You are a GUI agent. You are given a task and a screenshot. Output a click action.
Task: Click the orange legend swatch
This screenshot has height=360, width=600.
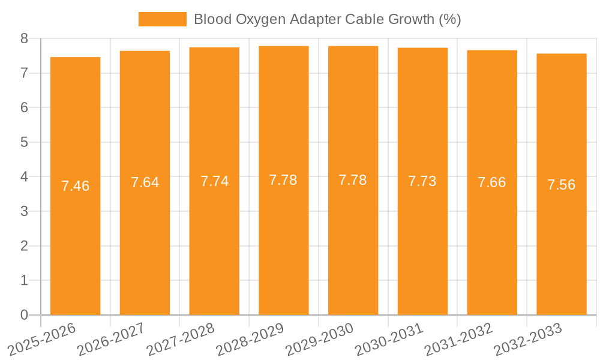click(162, 19)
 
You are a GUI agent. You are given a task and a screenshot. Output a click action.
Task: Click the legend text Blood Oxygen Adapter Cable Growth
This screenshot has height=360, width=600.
click(327, 19)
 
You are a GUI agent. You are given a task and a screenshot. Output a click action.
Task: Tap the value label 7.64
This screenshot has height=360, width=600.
click(145, 182)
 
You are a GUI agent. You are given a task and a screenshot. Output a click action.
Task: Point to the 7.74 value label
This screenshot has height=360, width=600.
click(214, 181)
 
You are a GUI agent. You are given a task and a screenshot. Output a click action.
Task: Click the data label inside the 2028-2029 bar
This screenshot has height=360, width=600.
click(283, 180)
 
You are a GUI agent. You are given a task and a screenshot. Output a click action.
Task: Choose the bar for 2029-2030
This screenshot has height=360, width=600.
click(353, 240)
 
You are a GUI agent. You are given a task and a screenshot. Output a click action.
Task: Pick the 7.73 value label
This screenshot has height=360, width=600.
click(422, 181)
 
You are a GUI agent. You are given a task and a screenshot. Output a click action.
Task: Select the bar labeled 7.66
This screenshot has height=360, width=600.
click(492, 240)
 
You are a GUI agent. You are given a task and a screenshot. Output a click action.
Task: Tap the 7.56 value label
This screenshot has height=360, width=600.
click(561, 185)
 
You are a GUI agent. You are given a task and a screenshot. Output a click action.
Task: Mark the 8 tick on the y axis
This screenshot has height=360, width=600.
click(24, 38)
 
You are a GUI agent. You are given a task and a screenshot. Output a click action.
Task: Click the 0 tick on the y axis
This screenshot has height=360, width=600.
click(24, 315)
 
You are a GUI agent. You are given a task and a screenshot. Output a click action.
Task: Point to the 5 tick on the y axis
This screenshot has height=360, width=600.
click(24, 142)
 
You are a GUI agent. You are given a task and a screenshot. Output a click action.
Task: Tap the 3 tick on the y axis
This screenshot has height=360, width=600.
click(24, 211)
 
